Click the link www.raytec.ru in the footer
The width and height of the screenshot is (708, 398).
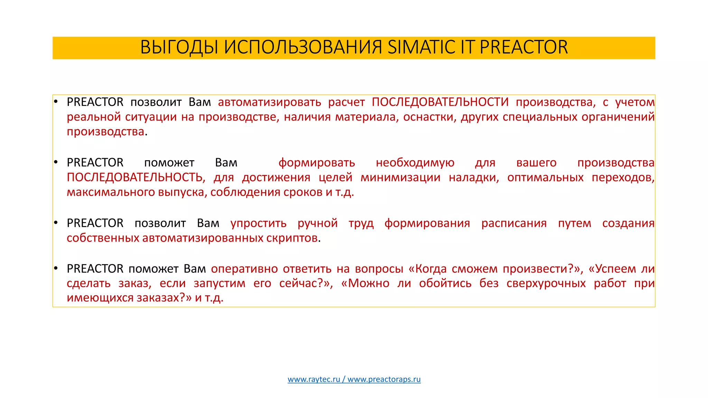tap(314, 379)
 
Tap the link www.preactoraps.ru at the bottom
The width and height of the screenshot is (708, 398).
tap(384, 379)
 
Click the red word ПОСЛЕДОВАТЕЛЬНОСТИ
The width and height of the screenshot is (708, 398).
tap(440, 102)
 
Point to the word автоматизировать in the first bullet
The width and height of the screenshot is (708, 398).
tap(269, 102)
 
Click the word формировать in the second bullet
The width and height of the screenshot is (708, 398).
tap(317, 163)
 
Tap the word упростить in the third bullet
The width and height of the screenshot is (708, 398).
tap(258, 223)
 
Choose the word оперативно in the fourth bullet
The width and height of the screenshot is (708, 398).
tap(244, 269)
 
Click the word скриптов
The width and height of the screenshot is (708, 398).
tap(292, 238)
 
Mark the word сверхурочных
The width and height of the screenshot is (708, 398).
tap(546, 283)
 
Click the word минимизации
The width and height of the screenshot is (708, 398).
tap(400, 177)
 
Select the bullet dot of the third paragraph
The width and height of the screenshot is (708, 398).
tap(56, 223)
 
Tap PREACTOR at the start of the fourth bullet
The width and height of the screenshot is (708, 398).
tap(95, 269)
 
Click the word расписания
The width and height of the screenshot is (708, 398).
tap(514, 223)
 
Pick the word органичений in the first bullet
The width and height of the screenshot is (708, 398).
tap(618, 117)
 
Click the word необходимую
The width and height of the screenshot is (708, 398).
tap(415, 163)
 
